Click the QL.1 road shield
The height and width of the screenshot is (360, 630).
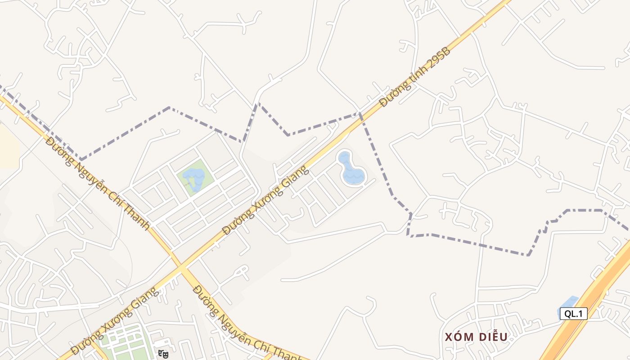click(x=573, y=314)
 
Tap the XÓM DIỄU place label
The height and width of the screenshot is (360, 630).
click(x=476, y=337)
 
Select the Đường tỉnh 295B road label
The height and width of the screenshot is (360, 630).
click(x=414, y=77)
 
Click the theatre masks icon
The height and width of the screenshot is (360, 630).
click(x=163, y=354)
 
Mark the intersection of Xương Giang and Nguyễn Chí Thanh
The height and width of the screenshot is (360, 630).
click(x=181, y=269)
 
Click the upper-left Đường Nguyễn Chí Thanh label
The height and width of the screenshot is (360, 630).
click(x=97, y=183)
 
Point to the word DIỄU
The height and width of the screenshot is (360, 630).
click(x=491, y=337)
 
